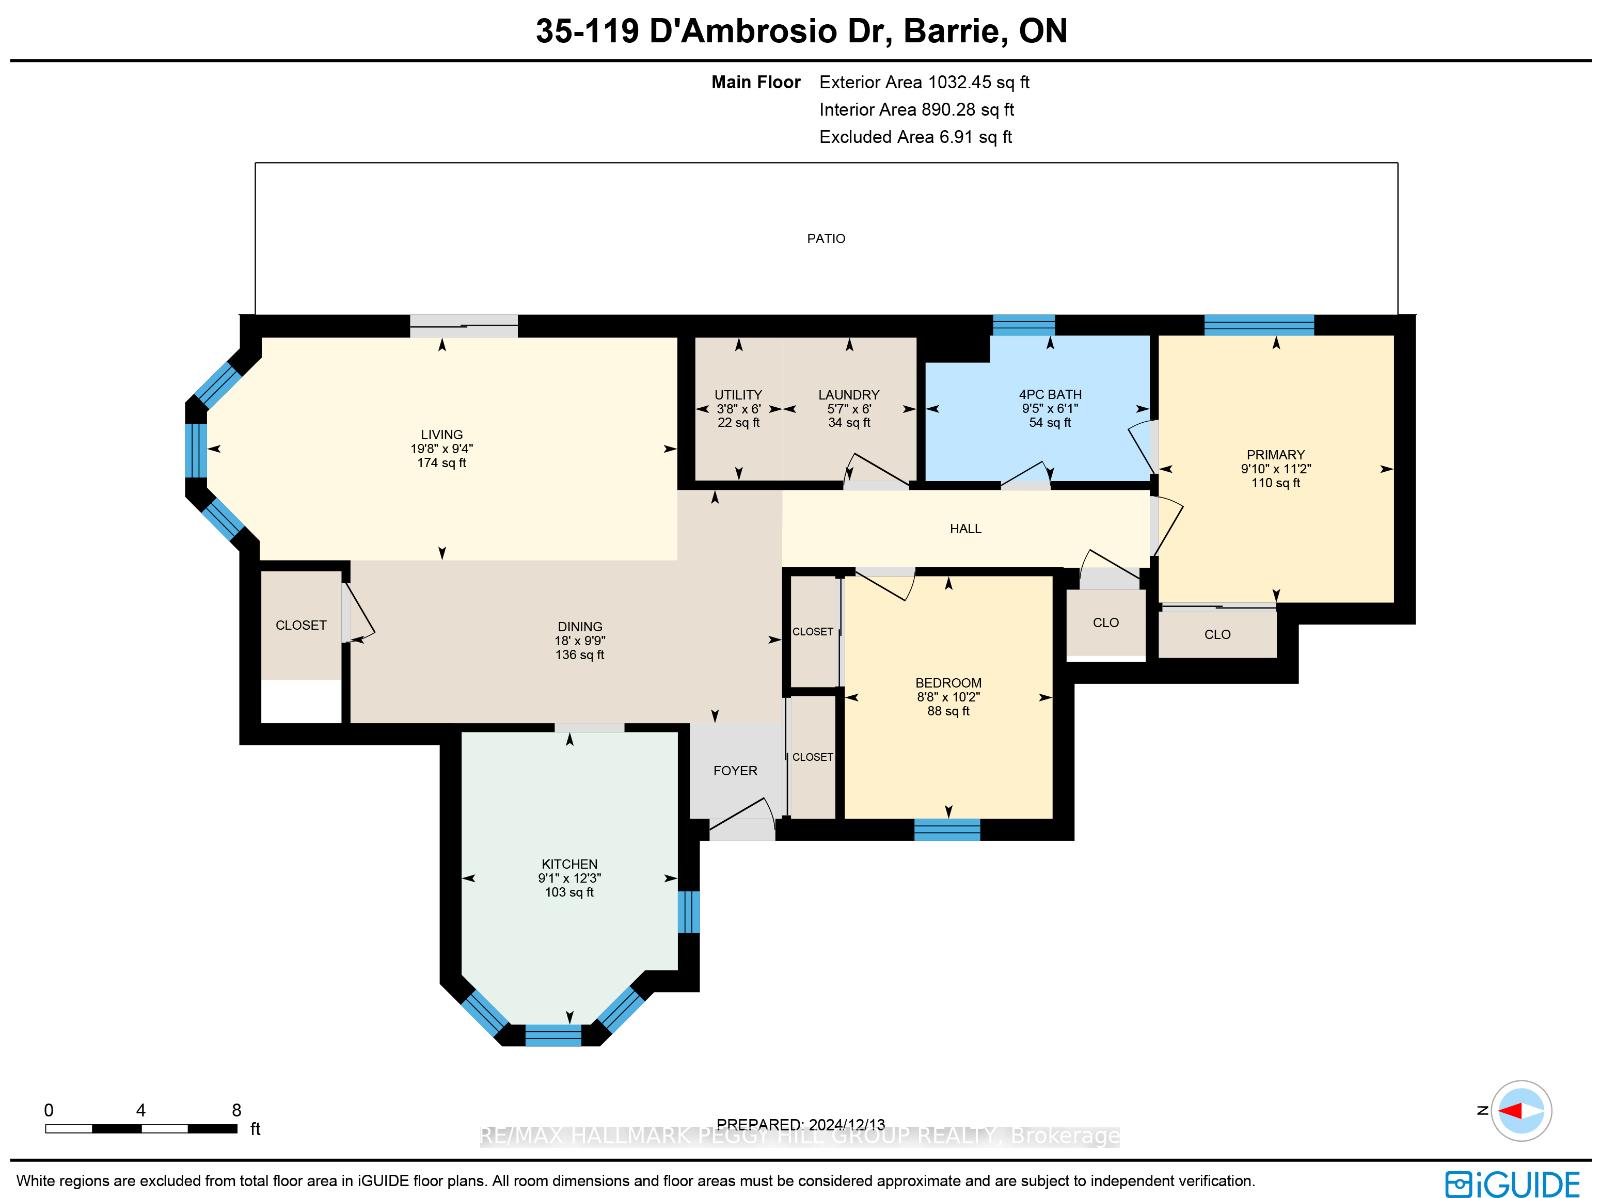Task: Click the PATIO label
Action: pyautogui.click(x=826, y=239)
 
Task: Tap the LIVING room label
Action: pyautogui.click(x=442, y=434)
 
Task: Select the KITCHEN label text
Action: pyautogui.click(x=569, y=864)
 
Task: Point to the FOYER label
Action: pyautogui.click(x=735, y=771)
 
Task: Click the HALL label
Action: pyautogui.click(x=965, y=529)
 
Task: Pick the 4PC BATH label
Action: pyautogui.click(x=1050, y=395)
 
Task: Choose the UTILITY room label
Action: pyautogui.click(x=738, y=395)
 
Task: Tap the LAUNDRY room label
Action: pyautogui.click(x=848, y=395)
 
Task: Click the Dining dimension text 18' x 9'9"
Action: pyautogui.click(x=579, y=641)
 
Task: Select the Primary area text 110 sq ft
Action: pyautogui.click(x=1276, y=483)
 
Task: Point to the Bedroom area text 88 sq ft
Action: pyautogui.click(x=948, y=711)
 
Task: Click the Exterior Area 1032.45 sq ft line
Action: pyautogui.click(x=924, y=82)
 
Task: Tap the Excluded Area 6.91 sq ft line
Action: pyautogui.click(x=916, y=137)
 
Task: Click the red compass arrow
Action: pyautogui.click(x=1510, y=1111)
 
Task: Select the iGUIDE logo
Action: pyautogui.click(x=1513, y=1183)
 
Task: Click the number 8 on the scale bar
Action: pyautogui.click(x=236, y=1111)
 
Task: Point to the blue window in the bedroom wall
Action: pyautogui.click(x=947, y=829)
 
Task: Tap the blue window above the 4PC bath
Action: pyautogui.click(x=1023, y=325)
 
